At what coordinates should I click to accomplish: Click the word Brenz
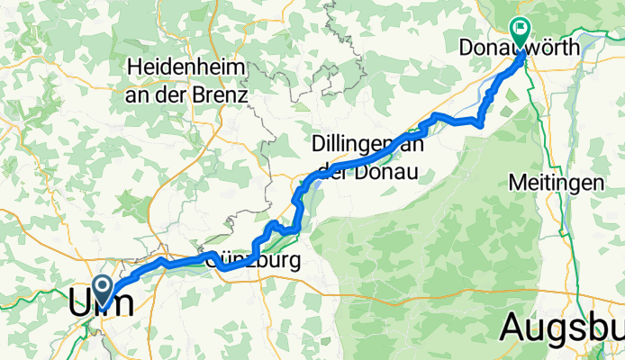[221, 92]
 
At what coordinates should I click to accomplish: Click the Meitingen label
[556, 181]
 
